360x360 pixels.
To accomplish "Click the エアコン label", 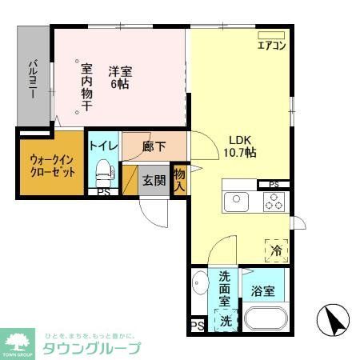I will pos(271,46).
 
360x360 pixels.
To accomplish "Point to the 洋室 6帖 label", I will pos(120,75).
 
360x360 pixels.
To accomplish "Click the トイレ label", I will pos(103,146).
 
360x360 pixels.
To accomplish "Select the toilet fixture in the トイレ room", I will pos(102,170).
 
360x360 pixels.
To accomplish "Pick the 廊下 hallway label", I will pos(154,146).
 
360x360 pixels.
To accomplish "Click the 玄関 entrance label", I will pos(154,180).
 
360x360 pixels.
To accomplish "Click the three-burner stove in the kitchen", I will pos(273,202).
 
